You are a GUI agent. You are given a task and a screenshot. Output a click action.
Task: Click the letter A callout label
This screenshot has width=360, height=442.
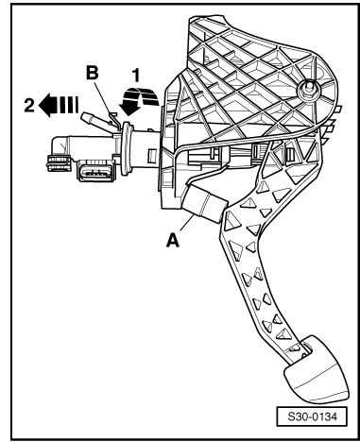point(173,241)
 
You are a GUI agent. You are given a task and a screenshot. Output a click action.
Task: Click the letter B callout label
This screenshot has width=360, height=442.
point(92,73)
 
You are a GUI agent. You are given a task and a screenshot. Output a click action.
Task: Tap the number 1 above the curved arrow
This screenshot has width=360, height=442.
point(136,76)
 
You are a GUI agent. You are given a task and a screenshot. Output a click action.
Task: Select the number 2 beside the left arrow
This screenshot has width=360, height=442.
point(29,106)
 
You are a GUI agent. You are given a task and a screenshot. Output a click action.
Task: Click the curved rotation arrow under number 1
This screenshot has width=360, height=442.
point(140,100)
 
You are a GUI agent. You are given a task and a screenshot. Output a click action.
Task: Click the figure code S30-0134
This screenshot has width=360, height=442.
point(312,417)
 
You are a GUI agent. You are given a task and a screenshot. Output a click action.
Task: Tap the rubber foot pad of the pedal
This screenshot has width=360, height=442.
point(316,371)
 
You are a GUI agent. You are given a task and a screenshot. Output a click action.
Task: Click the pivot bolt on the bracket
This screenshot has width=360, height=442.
point(306,88)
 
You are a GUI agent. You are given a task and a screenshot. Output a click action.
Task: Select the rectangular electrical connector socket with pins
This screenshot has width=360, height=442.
point(96,171)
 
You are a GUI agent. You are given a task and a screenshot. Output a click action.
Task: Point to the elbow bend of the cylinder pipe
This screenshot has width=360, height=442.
point(60,145)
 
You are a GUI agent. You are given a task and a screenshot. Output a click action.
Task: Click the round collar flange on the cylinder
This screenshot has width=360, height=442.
point(127,148)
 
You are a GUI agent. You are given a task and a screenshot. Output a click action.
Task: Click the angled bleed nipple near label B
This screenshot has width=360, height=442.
point(94,120)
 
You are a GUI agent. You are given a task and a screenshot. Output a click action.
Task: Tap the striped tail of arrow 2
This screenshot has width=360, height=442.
point(67,106)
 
